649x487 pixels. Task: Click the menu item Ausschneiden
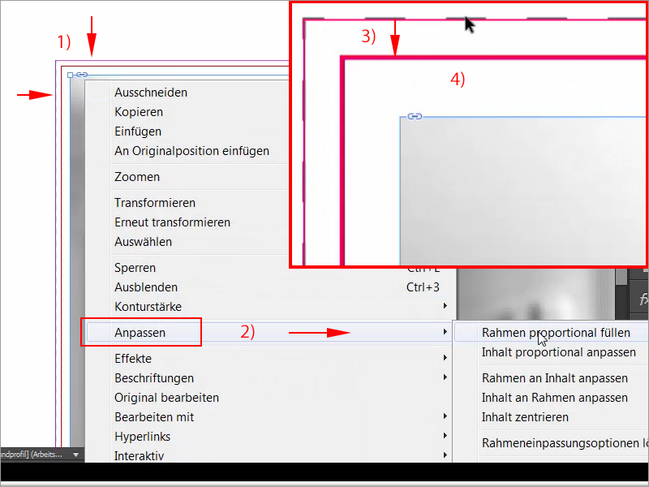151,93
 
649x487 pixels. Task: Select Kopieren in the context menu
139,112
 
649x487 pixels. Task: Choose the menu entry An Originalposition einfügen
191,151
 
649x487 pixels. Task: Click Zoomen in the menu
137,177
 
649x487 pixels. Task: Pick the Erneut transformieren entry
172,222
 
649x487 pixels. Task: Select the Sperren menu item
135,268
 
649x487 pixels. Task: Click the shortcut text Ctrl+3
423,287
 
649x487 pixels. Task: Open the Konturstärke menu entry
148,307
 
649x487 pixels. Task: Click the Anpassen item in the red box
140,333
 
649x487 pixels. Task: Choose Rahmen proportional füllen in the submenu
555,333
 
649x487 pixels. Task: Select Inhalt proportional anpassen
558,352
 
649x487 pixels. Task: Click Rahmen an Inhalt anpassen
554,378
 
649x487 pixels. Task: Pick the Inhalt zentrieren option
525,417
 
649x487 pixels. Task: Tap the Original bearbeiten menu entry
166,398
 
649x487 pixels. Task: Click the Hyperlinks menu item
142,437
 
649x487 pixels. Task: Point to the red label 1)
63,41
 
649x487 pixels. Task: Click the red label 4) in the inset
458,80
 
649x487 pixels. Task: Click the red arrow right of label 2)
320,332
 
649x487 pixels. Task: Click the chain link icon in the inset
415,117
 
